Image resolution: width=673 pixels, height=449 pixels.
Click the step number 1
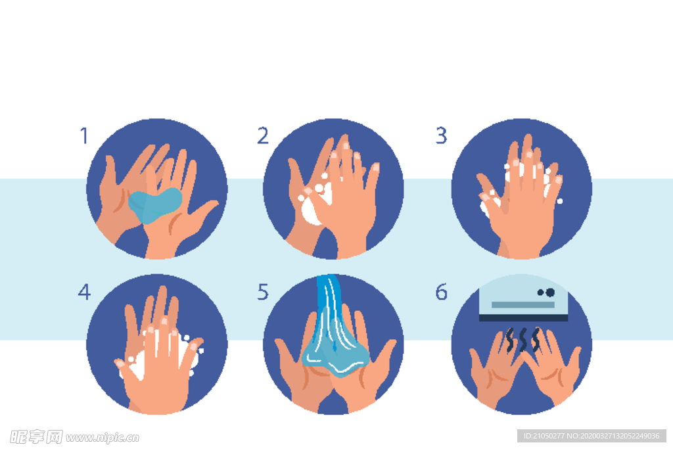click(x=84, y=135)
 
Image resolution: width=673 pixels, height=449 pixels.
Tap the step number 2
click(x=263, y=135)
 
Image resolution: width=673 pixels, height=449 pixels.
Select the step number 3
click(x=441, y=135)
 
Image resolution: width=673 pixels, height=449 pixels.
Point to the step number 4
click(x=84, y=292)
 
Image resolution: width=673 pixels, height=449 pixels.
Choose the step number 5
click(x=263, y=292)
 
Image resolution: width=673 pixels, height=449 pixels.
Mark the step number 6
click(x=441, y=292)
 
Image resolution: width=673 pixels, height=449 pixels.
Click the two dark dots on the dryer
click(x=546, y=293)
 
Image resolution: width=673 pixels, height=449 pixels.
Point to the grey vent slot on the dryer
click(x=522, y=305)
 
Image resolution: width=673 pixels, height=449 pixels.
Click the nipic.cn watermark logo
click(x=74, y=437)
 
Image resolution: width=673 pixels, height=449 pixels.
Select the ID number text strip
click(x=592, y=436)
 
